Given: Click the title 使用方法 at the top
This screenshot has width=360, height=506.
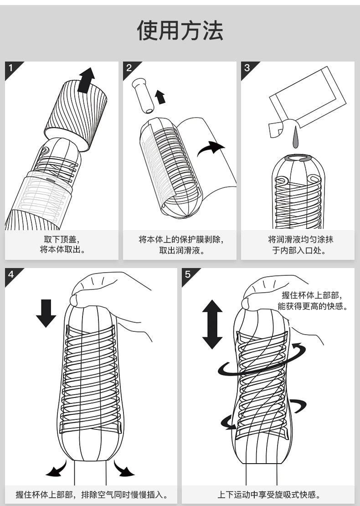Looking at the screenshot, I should [180, 31].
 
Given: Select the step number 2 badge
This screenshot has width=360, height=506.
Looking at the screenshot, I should [129, 68].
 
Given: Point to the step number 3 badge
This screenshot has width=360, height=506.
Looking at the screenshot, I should [247, 68].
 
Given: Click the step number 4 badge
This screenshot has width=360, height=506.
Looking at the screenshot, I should [11, 274].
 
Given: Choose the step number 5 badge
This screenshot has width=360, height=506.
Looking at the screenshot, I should [187, 274].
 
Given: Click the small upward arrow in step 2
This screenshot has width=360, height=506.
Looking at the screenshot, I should [160, 97].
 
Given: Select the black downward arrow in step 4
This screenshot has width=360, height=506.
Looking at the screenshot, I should [46, 313].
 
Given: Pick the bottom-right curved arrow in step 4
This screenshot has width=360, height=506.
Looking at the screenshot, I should [123, 470].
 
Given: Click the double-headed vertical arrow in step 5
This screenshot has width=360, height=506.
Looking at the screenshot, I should [212, 324].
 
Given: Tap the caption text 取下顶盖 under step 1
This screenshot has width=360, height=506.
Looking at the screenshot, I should [62, 239].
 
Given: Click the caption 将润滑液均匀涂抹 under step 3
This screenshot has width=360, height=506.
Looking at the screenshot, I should [298, 239].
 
